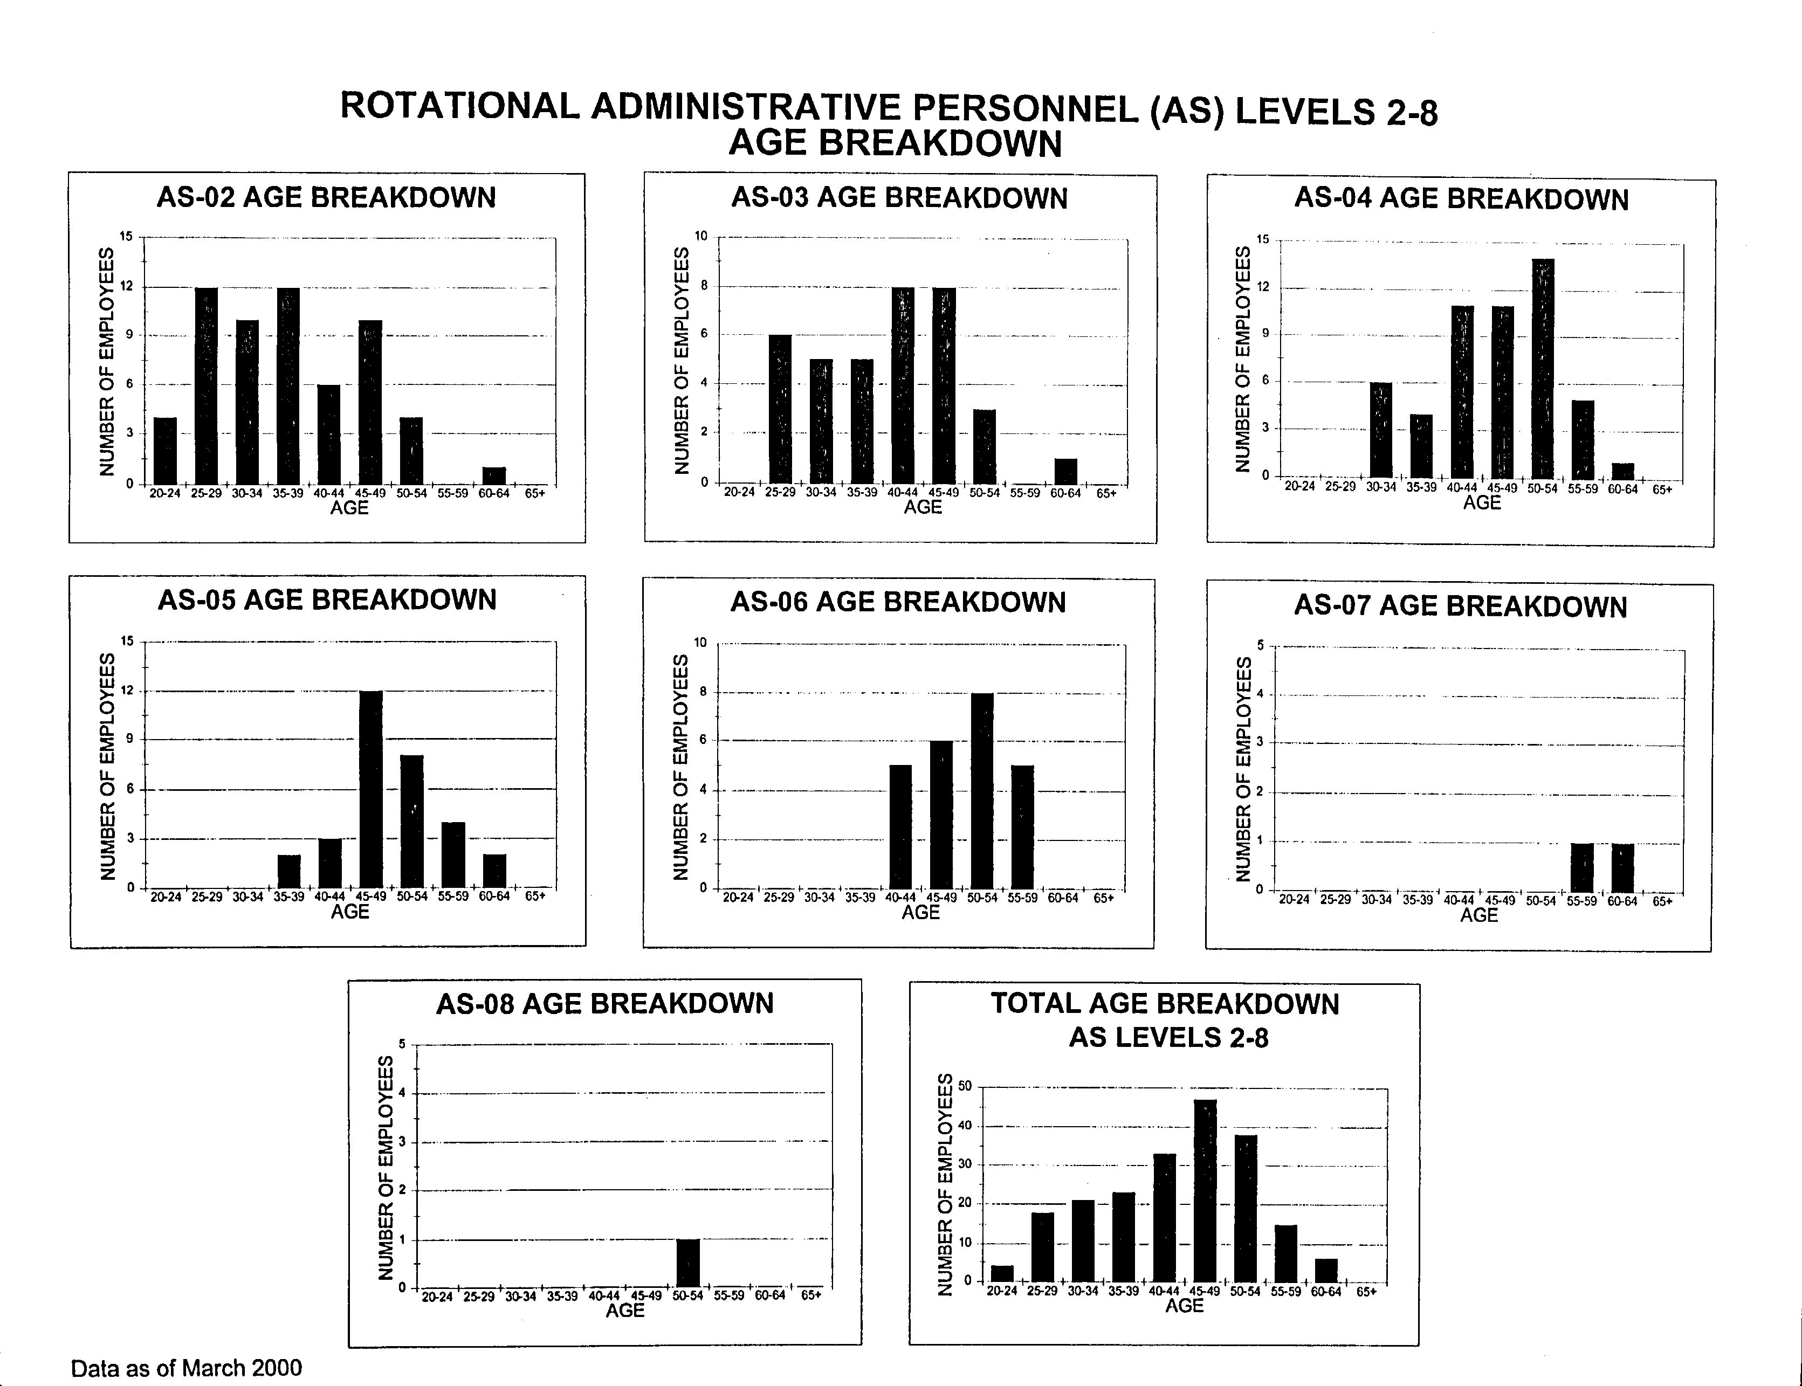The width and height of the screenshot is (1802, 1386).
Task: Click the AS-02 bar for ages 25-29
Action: [x=207, y=385]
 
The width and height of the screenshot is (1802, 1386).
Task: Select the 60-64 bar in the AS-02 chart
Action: [x=494, y=476]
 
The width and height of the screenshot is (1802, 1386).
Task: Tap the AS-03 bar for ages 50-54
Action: [x=985, y=446]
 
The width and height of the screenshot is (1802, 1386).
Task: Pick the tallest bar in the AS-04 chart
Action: [x=1543, y=369]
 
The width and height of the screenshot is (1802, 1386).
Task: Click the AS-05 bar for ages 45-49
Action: [x=372, y=790]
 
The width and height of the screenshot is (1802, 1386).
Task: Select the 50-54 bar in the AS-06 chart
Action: [x=982, y=790]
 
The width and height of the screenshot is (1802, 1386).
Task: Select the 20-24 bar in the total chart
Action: [x=1002, y=1274]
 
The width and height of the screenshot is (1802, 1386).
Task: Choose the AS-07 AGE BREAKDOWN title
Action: [x=1460, y=606]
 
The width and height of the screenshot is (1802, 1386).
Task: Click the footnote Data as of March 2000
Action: [x=187, y=1369]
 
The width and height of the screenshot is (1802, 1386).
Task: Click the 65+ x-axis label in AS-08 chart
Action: [x=811, y=1295]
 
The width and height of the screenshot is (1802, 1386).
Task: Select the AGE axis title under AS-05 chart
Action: [x=350, y=912]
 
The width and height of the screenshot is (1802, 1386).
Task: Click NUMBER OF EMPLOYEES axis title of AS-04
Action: [x=1243, y=359]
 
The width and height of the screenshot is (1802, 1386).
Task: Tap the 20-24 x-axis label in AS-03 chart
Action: [x=739, y=493]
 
